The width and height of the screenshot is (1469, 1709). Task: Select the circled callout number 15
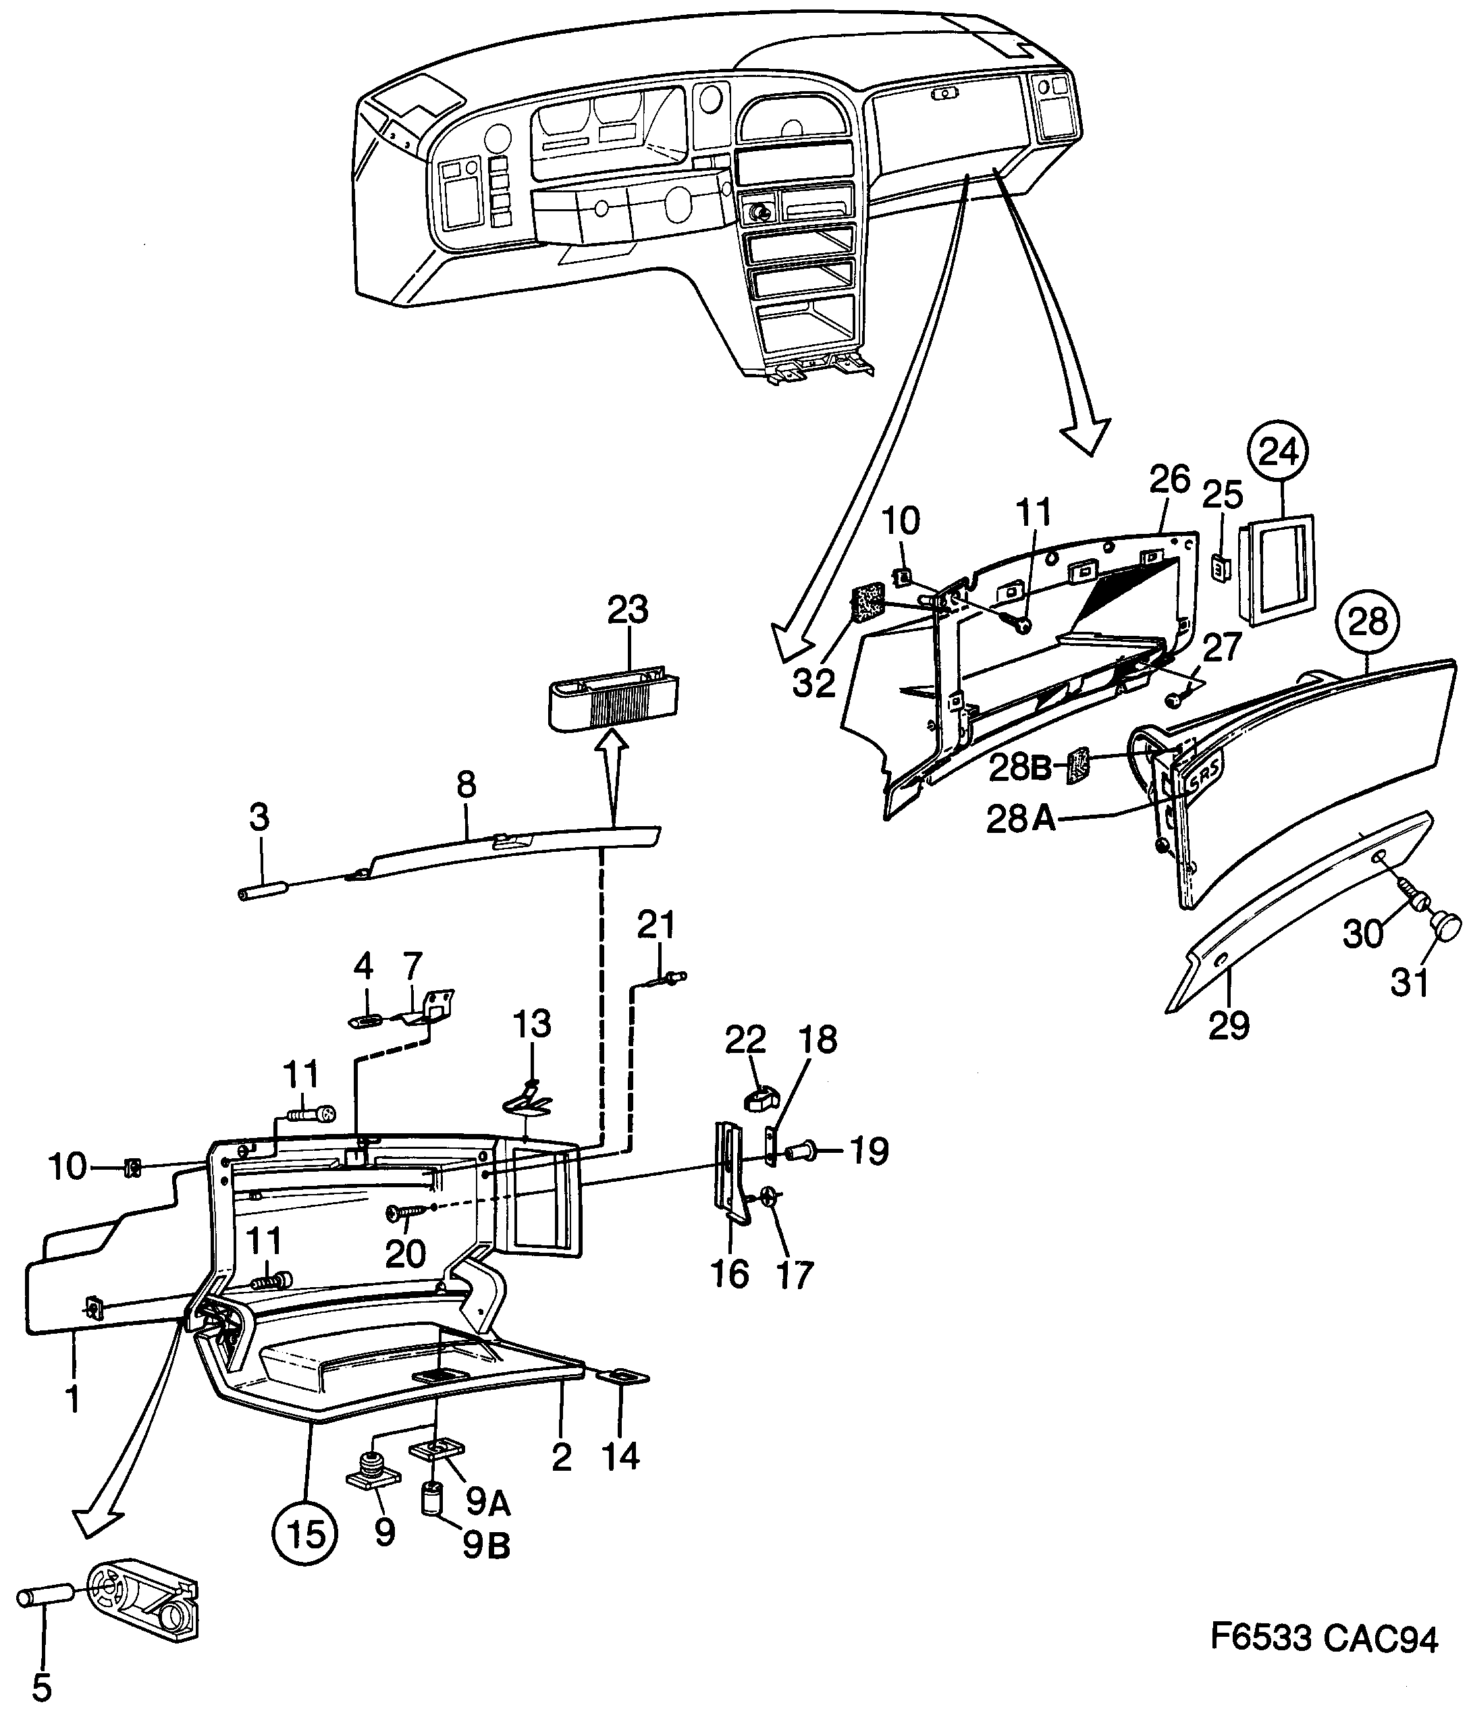306,1534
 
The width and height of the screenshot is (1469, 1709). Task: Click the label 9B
486,1546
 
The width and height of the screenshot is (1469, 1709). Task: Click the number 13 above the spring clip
532,1025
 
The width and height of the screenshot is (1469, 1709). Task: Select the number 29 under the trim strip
1229,1025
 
